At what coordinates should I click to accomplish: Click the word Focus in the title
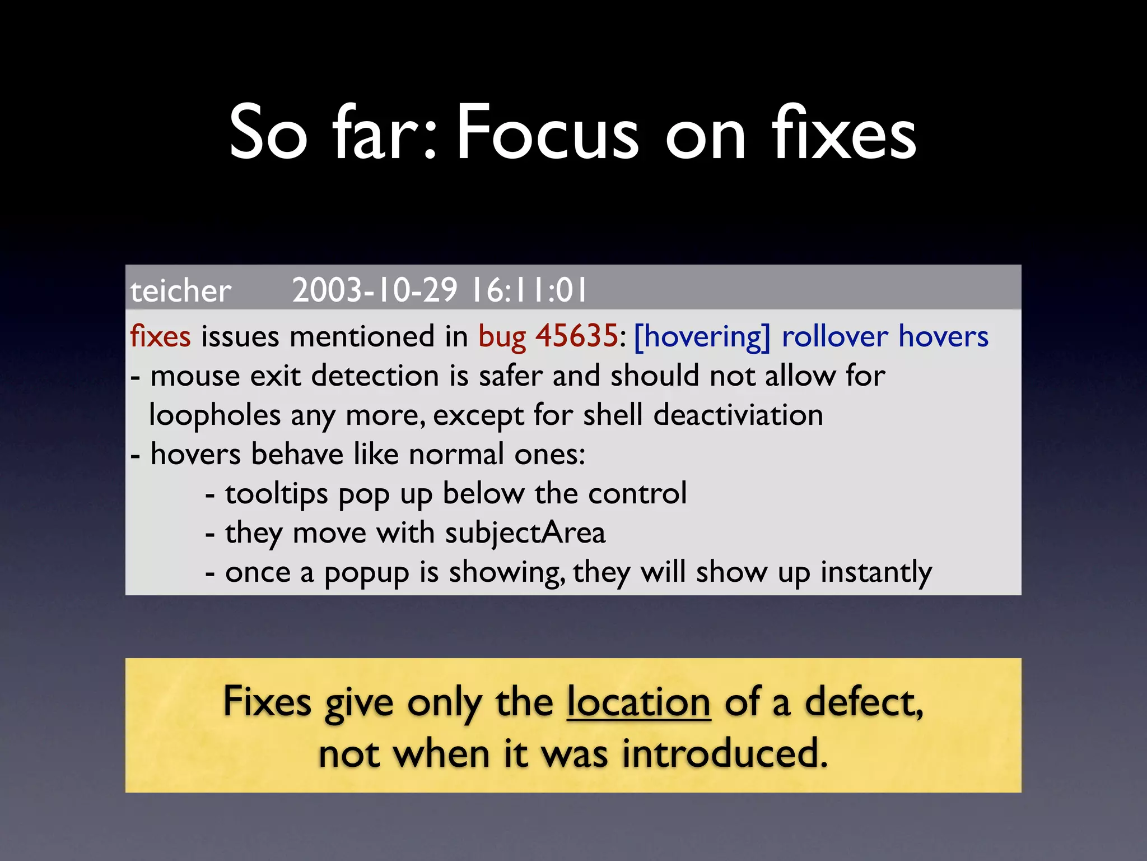coord(547,133)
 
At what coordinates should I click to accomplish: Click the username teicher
coord(180,291)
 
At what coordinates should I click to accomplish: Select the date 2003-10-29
coord(375,290)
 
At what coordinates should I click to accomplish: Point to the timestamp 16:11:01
coord(529,290)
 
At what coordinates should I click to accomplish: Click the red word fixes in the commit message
coord(160,336)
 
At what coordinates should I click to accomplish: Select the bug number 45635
coord(576,336)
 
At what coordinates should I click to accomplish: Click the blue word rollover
coord(834,336)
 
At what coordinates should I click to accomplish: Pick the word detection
coord(375,376)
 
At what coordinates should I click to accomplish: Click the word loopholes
coord(215,415)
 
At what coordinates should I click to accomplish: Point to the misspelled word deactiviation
coord(738,415)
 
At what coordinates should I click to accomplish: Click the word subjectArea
coord(525,533)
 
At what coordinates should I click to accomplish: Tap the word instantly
coord(876,572)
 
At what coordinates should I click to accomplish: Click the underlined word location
coord(638,702)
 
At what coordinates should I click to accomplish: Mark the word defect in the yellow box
coord(863,702)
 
